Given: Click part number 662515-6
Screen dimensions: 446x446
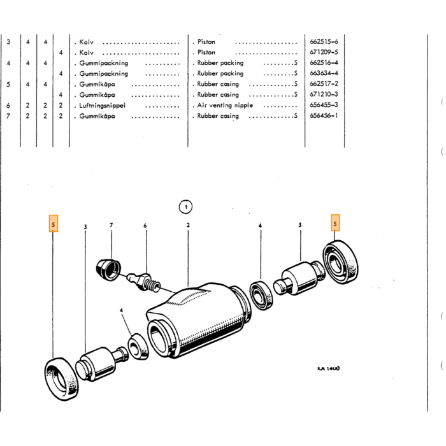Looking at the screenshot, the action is [x=324, y=41].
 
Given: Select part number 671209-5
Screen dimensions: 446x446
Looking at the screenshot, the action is [x=324, y=52].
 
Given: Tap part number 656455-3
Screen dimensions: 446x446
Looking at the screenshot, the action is [x=324, y=104].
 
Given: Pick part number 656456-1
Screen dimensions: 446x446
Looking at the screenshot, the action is [x=324, y=115].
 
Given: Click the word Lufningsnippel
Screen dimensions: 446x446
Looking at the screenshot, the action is [x=102, y=106].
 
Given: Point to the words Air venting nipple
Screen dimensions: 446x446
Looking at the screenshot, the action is [x=225, y=105].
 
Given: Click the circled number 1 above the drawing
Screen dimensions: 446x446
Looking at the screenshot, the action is [x=185, y=207].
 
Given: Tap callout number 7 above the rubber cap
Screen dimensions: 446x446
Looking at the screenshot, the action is [x=111, y=225].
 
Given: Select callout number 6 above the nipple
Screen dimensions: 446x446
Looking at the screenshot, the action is [x=145, y=226].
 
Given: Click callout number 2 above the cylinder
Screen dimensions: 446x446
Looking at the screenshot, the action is [x=188, y=225].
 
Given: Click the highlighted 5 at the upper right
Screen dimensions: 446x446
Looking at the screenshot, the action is [x=335, y=223].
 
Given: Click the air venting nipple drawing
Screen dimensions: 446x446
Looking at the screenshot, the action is [x=143, y=282].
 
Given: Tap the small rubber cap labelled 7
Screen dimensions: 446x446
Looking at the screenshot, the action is [x=108, y=270].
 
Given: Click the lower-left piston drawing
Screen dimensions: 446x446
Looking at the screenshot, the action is [x=101, y=363].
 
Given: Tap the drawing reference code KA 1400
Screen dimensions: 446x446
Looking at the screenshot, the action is [x=329, y=368].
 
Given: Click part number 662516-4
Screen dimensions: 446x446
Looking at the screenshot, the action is [x=324, y=62].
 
